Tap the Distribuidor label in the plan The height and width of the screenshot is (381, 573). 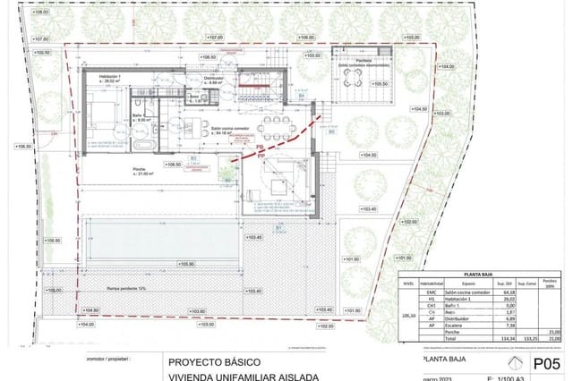coord(212,80)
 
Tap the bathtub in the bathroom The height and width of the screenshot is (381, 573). coord(144,142)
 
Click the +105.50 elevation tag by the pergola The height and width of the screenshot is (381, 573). coord(380,84)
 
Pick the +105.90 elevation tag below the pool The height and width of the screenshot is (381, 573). coord(185,264)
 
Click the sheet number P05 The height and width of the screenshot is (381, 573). coord(546,363)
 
